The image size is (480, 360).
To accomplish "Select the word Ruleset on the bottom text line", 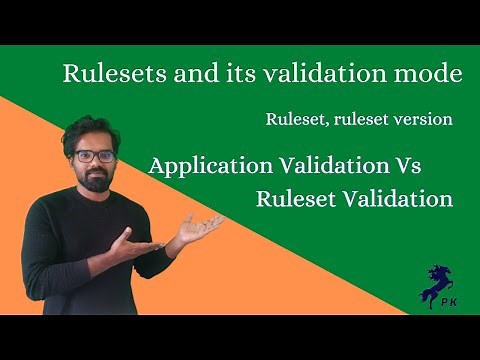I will point(295,198).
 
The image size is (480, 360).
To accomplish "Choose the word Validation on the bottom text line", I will point(397,198).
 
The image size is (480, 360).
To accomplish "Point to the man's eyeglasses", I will point(93,155).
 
